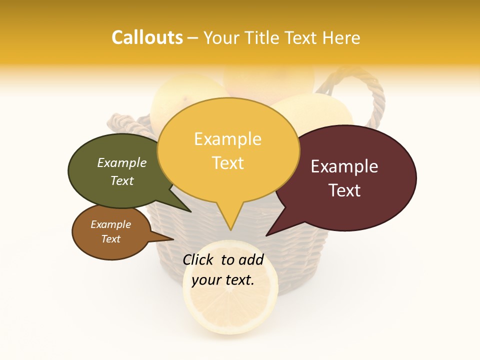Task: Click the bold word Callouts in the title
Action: click(x=147, y=37)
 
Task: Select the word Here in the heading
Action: click(x=340, y=38)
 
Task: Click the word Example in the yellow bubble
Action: click(x=227, y=139)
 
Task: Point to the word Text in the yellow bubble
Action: click(x=228, y=162)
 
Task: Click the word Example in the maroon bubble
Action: click(x=344, y=166)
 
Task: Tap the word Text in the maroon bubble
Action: click(x=345, y=190)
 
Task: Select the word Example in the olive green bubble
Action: click(x=121, y=162)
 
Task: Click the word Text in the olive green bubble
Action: click(x=122, y=180)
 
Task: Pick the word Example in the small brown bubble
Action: click(x=110, y=224)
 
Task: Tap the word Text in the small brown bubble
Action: click(x=111, y=238)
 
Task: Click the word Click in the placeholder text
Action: click(x=199, y=259)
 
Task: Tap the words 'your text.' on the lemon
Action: click(x=222, y=280)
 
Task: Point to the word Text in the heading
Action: click(x=301, y=38)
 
